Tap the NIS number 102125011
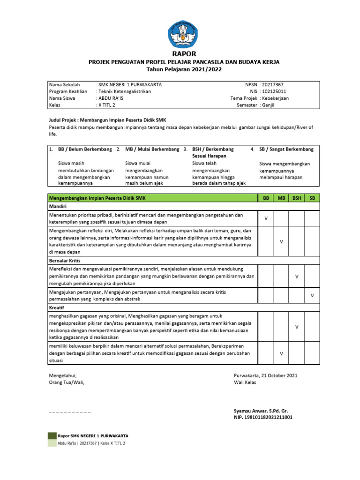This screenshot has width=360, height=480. click(x=276, y=91)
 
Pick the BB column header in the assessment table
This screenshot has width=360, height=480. click(x=266, y=198)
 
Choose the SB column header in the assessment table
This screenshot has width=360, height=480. click(x=312, y=198)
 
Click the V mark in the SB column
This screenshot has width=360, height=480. click(x=312, y=296)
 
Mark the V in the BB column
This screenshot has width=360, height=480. click(x=266, y=218)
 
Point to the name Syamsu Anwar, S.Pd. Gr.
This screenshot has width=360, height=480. click(x=263, y=410)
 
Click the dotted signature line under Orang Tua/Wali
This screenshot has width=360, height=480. click(x=70, y=412)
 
